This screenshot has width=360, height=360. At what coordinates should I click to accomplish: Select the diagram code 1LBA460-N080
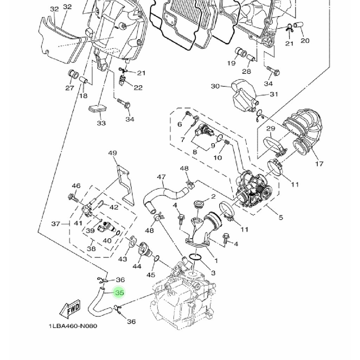pos(73,326)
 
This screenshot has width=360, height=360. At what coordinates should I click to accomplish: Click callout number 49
pos(112,153)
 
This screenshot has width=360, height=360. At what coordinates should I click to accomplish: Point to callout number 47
pos(161,177)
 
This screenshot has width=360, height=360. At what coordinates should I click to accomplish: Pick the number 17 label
pos(319,164)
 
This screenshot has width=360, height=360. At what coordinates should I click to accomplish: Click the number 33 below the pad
pos(101,123)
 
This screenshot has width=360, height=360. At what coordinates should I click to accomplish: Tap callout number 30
pos(215,86)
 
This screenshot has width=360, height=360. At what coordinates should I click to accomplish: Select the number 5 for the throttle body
pos(281,218)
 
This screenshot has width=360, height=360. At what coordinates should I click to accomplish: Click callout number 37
pos(56,224)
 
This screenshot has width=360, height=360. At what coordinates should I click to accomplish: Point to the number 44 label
pos(137,266)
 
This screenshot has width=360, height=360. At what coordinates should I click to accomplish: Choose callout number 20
pos(305,41)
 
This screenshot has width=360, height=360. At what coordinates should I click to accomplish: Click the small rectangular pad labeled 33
pos(97,108)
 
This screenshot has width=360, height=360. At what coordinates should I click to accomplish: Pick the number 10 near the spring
pos(217,157)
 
